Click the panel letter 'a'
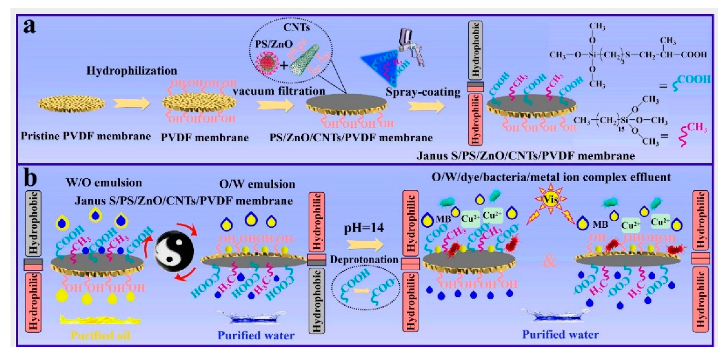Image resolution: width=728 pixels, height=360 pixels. [30, 27]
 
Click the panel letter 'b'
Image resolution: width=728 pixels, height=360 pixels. [30, 179]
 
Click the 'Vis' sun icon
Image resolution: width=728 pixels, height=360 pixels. [550, 199]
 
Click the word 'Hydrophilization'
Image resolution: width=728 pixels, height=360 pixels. [132, 71]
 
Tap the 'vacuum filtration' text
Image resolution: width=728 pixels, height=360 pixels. [279, 91]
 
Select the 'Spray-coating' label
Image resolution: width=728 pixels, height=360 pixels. [423, 92]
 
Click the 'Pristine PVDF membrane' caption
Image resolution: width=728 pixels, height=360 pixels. [86, 136]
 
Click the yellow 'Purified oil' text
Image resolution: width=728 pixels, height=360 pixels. [100, 335]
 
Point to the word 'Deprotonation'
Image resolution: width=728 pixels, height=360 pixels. [364, 259]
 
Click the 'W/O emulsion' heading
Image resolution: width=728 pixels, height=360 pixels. [104, 183]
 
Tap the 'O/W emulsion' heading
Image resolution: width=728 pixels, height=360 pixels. [257, 184]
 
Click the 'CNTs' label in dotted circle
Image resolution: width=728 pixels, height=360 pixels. [296, 27]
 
